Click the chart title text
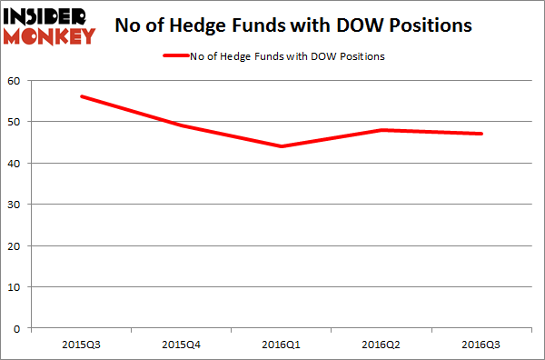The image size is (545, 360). click(x=293, y=25)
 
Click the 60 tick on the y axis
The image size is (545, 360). click(x=16, y=80)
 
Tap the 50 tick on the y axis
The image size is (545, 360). click(x=16, y=122)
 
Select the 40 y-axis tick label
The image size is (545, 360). click(x=16, y=163)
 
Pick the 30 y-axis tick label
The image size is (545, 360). click(x=16, y=205)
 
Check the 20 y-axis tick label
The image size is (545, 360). click(x=16, y=245)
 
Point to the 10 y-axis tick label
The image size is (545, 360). click(x=16, y=287)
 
